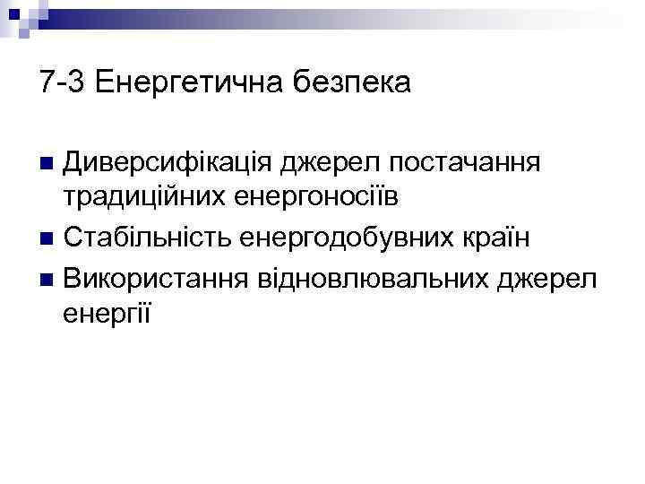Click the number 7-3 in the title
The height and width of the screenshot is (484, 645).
[x=61, y=83]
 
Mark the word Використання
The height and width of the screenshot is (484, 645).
[x=159, y=279]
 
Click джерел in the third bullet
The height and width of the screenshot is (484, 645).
[x=546, y=279]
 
